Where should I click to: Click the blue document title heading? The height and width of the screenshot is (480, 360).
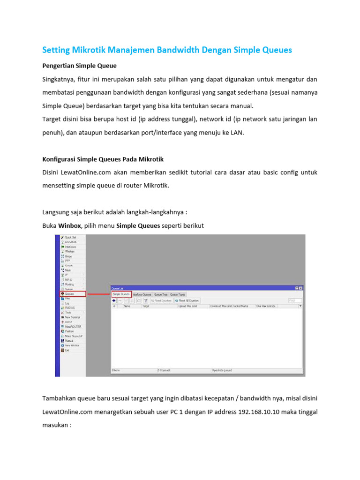(x=167, y=50)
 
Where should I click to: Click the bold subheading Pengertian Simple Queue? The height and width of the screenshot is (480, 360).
(x=79, y=66)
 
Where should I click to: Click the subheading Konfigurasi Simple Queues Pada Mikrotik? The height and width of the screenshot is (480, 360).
(x=103, y=159)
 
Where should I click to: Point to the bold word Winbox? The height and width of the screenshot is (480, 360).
(x=70, y=226)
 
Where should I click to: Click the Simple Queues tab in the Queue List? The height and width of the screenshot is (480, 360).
(x=121, y=294)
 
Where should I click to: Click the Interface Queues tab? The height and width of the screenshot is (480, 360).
(x=142, y=294)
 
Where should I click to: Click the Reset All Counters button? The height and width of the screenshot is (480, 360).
(x=187, y=300)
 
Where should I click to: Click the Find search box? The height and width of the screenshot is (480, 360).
(x=294, y=300)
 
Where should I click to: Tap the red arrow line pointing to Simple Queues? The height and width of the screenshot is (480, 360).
(x=98, y=294)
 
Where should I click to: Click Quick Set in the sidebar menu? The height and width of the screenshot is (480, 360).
(x=70, y=238)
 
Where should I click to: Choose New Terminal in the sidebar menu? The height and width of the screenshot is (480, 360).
(x=73, y=317)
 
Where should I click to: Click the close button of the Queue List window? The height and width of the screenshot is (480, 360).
(x=300, y=288)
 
